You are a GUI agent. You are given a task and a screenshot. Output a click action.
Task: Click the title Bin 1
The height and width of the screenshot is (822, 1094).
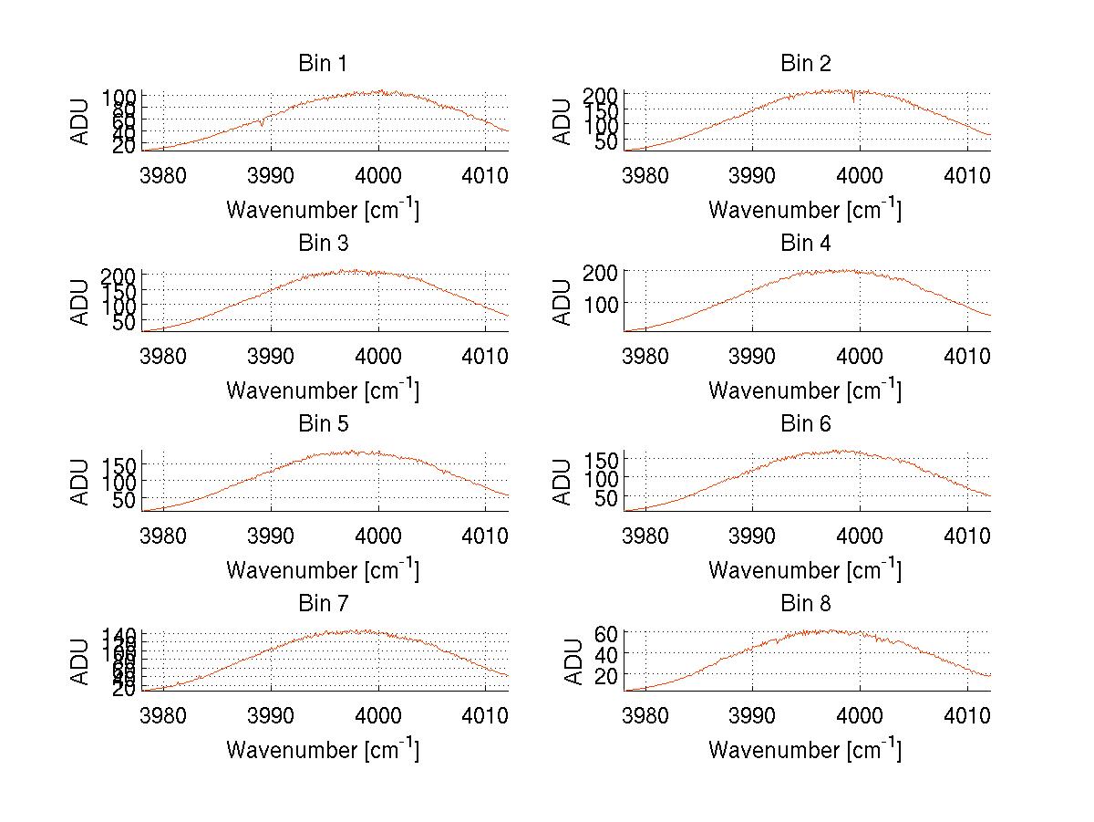pos(323,64)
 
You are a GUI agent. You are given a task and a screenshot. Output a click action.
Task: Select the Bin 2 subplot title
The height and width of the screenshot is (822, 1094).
pos(805,64)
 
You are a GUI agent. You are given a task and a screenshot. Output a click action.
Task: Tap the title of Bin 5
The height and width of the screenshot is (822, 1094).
pos(323,424)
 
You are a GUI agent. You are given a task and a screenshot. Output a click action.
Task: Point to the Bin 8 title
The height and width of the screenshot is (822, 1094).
pos(805,604)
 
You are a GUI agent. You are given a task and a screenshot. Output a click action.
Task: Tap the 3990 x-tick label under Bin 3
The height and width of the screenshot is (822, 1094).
pos(270,355)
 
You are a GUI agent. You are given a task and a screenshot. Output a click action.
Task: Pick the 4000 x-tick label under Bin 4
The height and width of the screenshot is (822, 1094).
pos(859,355)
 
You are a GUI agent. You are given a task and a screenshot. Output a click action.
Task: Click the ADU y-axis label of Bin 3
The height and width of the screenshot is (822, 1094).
pos(81,302)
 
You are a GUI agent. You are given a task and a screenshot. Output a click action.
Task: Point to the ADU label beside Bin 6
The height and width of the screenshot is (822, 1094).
pos(562,482)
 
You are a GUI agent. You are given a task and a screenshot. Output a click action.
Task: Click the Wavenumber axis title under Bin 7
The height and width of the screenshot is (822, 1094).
pos(323,749)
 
